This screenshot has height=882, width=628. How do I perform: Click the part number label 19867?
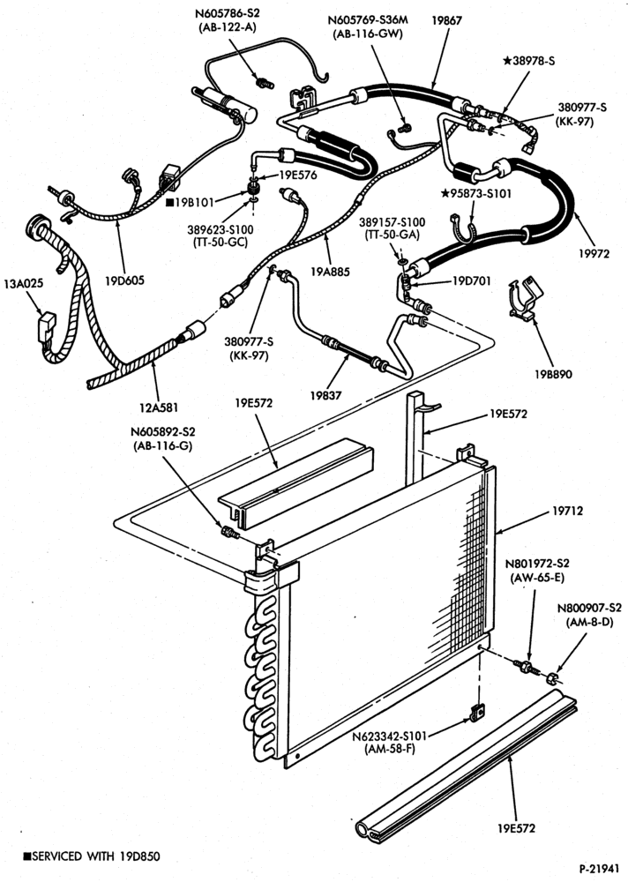point(447,20)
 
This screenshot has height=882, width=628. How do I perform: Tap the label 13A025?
point(24,283)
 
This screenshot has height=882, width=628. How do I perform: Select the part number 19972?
point(594,254)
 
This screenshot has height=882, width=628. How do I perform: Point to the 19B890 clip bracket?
point(526,299)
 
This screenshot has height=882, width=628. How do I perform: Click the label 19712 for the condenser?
point(567,511)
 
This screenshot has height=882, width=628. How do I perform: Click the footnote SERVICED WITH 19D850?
point(92,856)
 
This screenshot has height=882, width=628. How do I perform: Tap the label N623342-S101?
point(390,736)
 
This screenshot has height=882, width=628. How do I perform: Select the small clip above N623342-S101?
point(476,713)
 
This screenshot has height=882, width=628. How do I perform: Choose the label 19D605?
point(124,280)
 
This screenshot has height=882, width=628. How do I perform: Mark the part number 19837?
point(325,395)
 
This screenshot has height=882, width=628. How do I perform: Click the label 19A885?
point(331,273)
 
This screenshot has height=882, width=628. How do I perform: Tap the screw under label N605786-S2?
point(264,83)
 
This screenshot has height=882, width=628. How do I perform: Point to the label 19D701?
point(472,280)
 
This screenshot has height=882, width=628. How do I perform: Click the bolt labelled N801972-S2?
point(527,668)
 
